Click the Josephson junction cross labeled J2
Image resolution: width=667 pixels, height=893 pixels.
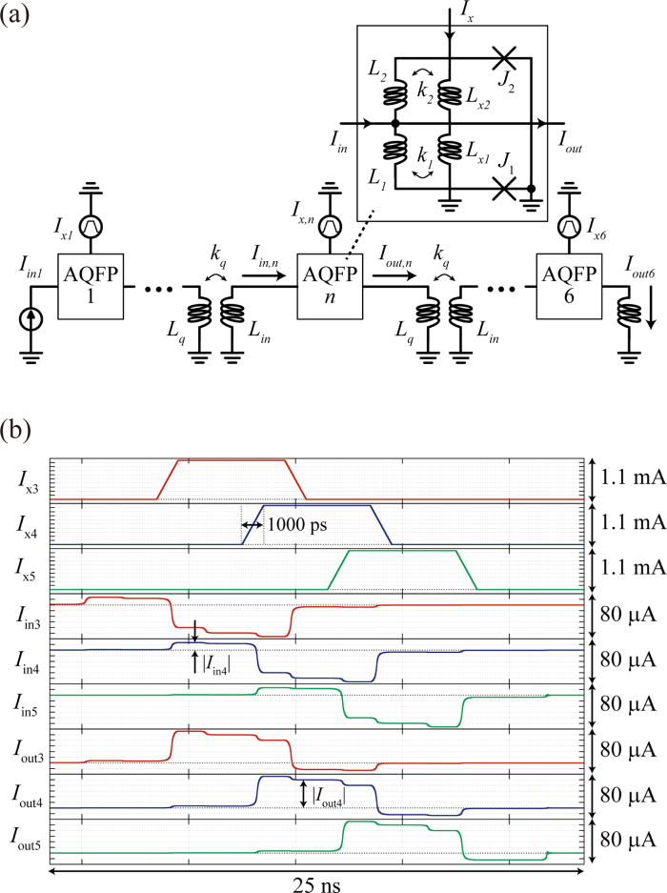pyautogui.click(x=507, y=60)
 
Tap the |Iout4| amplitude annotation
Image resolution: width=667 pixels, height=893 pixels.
pyautogui.click(x=330, y=793)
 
